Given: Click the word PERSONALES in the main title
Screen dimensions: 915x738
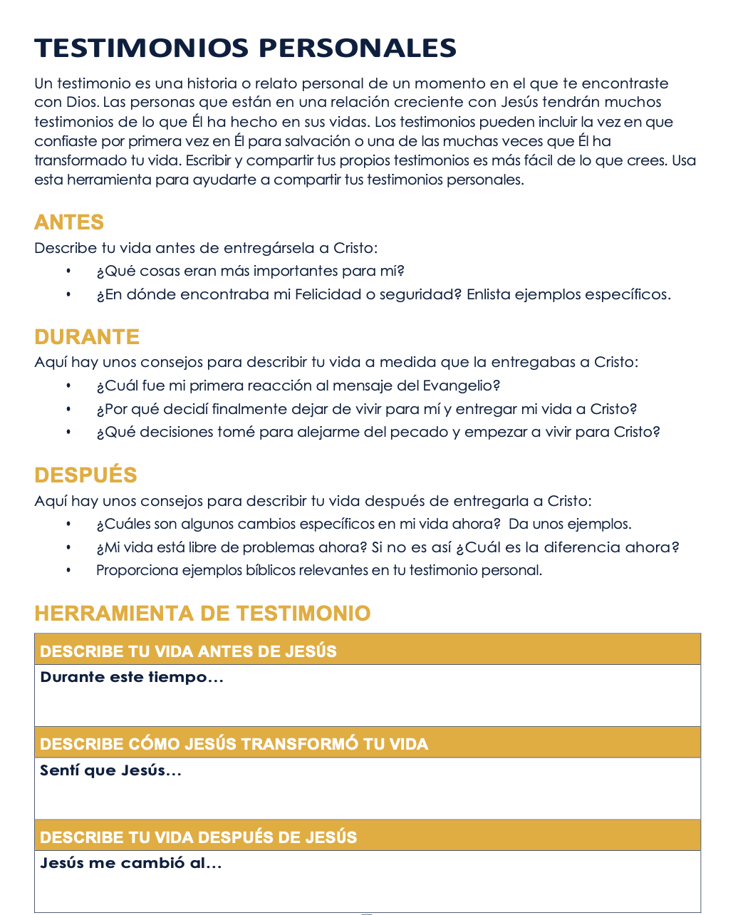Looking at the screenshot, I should (357, 48).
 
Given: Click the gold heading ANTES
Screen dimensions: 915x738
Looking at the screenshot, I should (69, 222).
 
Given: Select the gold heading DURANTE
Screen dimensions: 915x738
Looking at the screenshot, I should (87, 337).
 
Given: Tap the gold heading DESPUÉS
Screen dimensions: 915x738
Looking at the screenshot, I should (85, 475).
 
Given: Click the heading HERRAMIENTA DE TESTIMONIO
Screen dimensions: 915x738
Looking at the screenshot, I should (202, 614).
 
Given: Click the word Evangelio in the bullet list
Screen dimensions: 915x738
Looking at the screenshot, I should (461, 386).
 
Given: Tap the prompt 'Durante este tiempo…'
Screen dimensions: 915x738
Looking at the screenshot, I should (132, 677).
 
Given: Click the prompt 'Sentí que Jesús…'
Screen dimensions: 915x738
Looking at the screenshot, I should (110, 770).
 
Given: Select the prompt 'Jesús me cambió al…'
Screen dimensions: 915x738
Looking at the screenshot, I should (131, 863).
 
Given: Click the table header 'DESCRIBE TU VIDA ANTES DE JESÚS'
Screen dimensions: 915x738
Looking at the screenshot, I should (188, 651).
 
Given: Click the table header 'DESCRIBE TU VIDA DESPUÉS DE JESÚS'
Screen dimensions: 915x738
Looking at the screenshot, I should (198, 837).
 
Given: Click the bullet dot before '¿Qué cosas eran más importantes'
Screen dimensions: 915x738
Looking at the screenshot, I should (69, 272).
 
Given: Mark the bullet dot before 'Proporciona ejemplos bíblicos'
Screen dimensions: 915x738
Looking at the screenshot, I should (69, 570).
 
